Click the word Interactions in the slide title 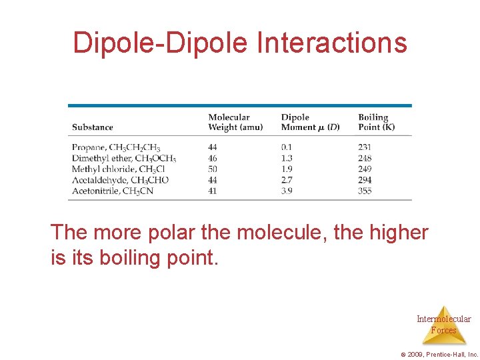(331, 43)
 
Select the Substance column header (93, 127)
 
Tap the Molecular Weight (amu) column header (235, 123)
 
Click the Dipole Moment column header (310, 123)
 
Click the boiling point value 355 (365, 191)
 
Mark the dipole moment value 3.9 (287, 191)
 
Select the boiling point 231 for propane (365, 147)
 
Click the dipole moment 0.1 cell (287, 147)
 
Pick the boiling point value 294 (365, 180)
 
